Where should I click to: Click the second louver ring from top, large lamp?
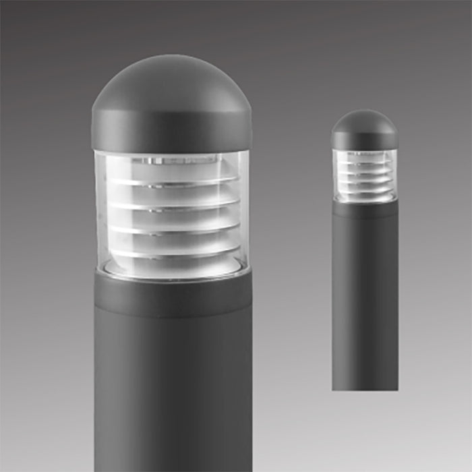coord(171,204)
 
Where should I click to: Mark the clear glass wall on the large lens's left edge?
coord(100,209)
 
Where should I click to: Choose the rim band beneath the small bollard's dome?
coord(364,142)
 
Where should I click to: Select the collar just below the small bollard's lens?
coord(364,209)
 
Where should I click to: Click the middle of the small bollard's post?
coord(364,297)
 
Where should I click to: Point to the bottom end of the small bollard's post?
coord(364,386)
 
